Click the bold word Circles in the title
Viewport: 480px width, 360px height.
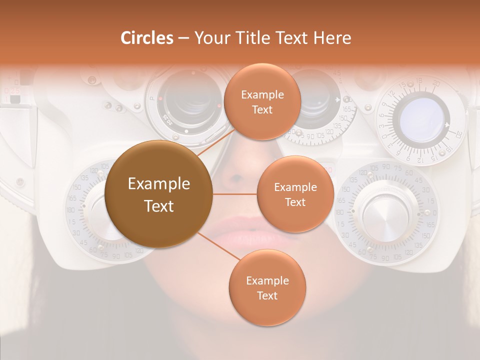pos(147,38)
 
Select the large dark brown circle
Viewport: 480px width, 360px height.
pos(158,194)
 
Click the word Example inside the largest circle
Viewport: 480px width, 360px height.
pos(158,184)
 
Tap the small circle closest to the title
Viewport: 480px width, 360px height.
pos(262,101)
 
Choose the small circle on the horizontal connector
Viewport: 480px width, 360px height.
pos(295,194)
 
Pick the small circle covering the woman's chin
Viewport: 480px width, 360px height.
pos(267,287)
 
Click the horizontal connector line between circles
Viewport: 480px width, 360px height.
pos(234,194)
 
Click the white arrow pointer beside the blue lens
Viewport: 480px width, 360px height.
pos(446,124)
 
